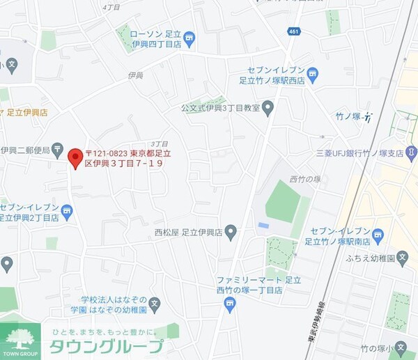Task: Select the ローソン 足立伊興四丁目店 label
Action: (156, 39)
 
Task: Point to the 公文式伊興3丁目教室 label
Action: (219, 108)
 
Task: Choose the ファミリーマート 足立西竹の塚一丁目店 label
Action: (249, 285)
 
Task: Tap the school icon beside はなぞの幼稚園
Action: (155, 304)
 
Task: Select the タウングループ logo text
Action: (107, 346)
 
